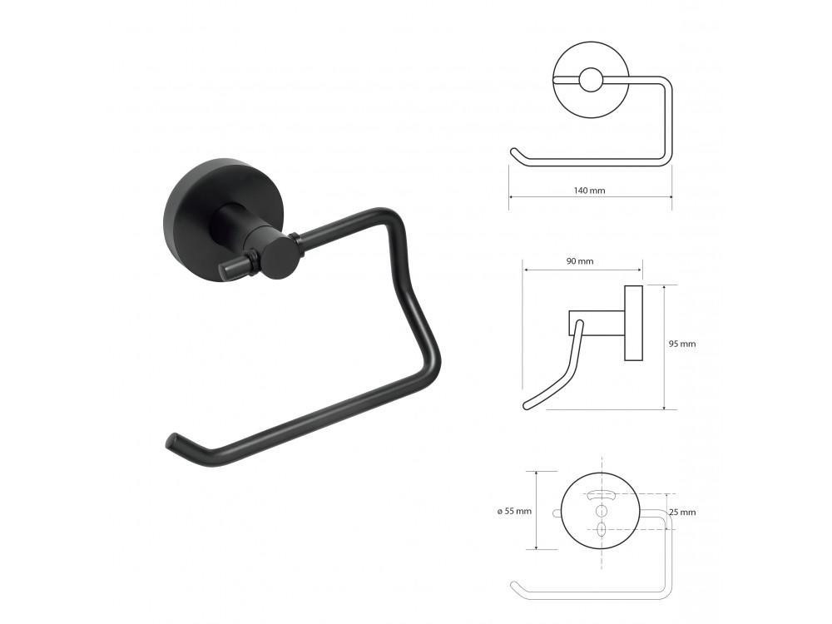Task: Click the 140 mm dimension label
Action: (x=589, y=191)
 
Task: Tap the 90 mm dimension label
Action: (x=580, y=261)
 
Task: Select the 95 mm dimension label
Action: (x=682, y=344)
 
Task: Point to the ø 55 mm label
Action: (x=514, y=512)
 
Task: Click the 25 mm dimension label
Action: (x=682, y=512)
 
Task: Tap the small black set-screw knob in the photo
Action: (x=237, y=268)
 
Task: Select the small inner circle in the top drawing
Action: (x=590, y=80)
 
